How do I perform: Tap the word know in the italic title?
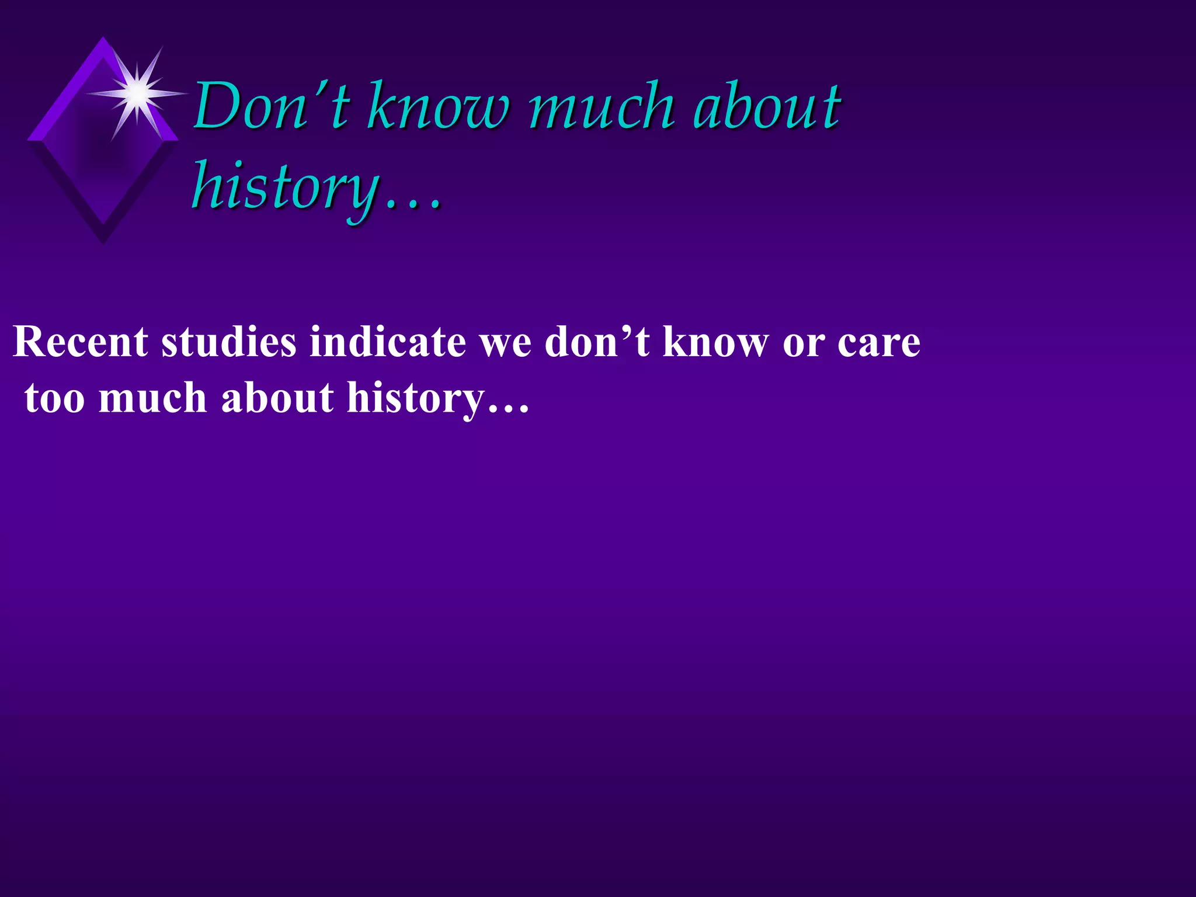click(x=439, y=106)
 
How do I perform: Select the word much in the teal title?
click(x=602, y=106)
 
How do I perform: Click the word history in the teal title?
click(x=286, y=186)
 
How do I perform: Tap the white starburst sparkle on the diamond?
click(x=138, y=93)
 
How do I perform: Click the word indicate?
click(x=388, y=342)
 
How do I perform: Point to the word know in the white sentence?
click(x=716, y=342)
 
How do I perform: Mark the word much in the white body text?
click(x=153, y=398)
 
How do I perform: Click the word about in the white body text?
click(x=278, y=398)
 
